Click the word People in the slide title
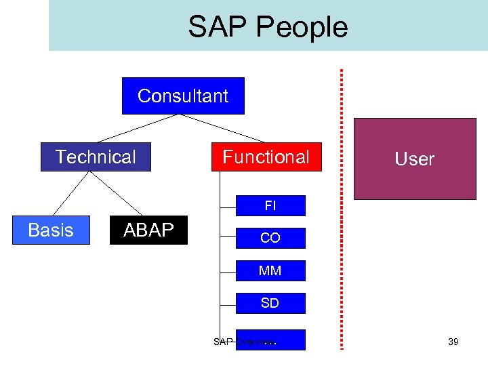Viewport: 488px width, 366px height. point(304,28)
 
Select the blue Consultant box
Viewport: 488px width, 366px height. point(183,96)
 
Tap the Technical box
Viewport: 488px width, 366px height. point(96,157)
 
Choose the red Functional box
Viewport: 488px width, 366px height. point(266,157)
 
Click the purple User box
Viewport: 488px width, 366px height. point(415,159)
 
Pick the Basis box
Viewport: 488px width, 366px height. point(51,230)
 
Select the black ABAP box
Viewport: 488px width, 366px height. point(148,230)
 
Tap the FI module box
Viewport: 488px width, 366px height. point(270,205)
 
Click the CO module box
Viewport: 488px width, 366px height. point(270,238)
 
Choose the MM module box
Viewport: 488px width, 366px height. point(270,270)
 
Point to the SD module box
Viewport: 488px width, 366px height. point(270,303)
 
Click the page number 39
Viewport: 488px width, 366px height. point(453,342)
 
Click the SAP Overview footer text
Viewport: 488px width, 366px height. point(243,342)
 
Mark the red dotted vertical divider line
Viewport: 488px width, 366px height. point(342,203)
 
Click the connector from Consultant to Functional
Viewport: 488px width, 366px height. point(222,129)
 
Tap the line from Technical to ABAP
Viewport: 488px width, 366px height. point(117,193)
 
